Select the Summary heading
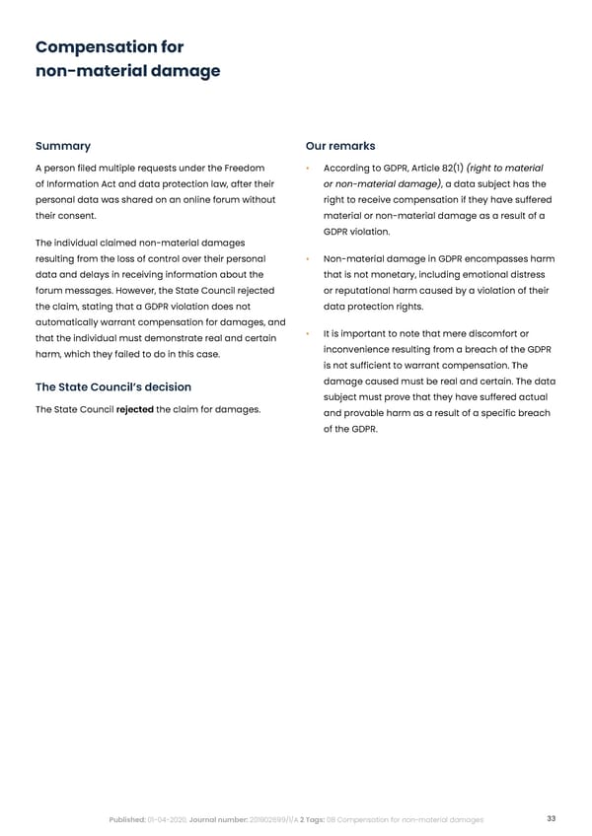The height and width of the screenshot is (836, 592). tap(63, 146)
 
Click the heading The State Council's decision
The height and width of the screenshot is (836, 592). tap(113, 386)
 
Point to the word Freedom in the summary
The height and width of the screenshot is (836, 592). tap(245, 169)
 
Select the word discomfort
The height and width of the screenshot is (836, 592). tap(490, 332)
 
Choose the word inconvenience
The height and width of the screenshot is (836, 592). tap(362, 351)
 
